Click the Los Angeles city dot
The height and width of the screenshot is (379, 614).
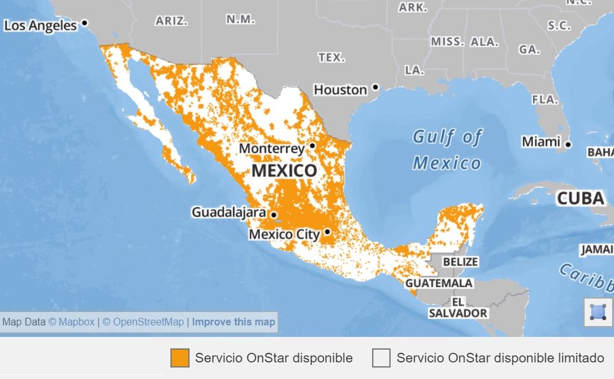[x=84, y=24]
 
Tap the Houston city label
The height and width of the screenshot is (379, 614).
[x=340, y=90]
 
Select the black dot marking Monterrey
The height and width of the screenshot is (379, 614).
[x=312, y=145]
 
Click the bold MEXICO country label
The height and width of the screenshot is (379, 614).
[x=284, y=171]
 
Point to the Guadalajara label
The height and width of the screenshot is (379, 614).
[x=229, y=212]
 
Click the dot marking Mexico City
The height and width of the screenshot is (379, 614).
[x=327, y=232]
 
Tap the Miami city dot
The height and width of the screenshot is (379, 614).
[x=568, y=144]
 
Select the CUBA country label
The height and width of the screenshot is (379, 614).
[x=580, y=198]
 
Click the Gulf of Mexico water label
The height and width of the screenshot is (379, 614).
[x=447, y=150]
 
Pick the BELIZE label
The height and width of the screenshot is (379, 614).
[x=460, y=262]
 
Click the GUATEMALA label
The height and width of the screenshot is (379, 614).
[x=439, y=283]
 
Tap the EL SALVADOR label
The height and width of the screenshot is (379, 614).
[x=458, y=307]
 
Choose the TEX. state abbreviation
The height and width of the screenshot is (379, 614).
[x=331, y=57]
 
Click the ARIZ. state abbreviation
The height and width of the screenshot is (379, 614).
[x=172, y=21]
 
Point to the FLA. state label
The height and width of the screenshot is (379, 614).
[x=545, y=100]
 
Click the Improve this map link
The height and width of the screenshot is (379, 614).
[x=234, y=322]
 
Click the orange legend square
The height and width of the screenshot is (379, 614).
[x=180, y=358]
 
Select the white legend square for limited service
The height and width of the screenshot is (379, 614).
[x=381, y=358]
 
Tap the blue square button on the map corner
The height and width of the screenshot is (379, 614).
[x=597, y=312]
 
